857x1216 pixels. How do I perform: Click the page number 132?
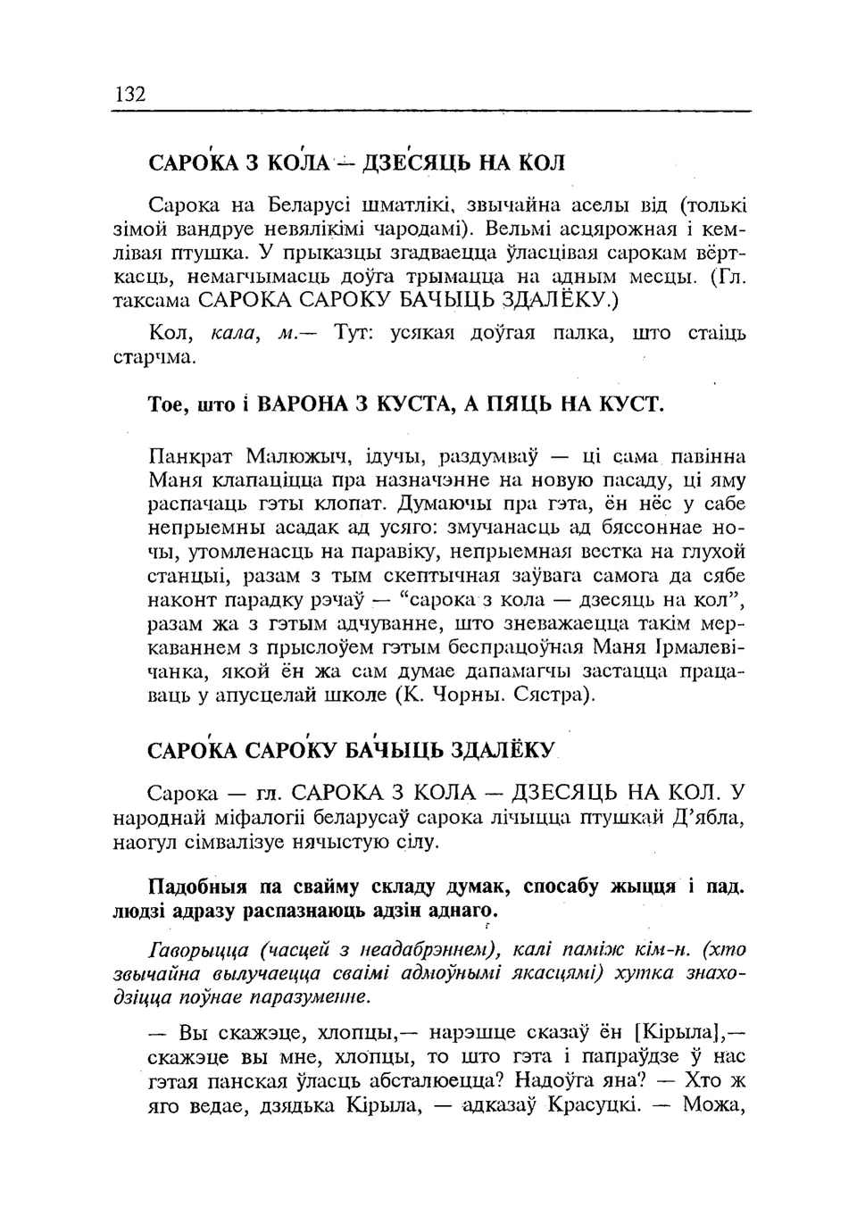point(130,95)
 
